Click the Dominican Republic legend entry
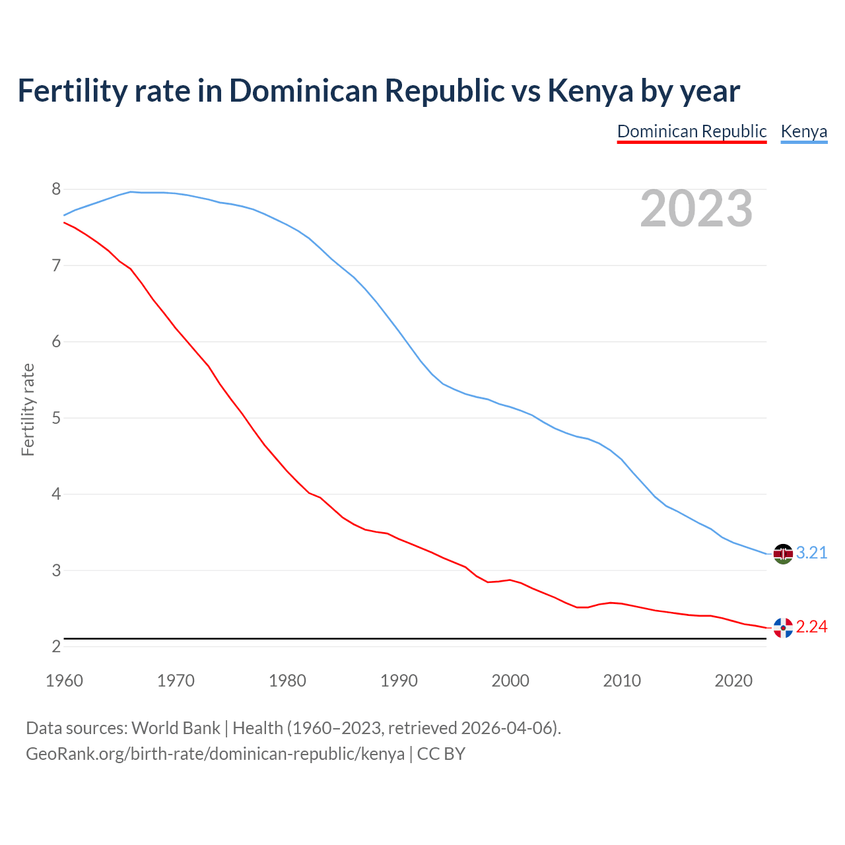point(691,131)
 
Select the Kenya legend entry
point(803,131)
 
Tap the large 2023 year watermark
point(696,209)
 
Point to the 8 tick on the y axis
point(56,189)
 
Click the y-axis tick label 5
point(56,418)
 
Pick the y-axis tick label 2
point(56,646)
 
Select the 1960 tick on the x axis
point(64,681)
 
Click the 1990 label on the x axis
point(399,681)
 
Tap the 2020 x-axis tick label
point(733,681)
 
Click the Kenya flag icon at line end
point(783,554)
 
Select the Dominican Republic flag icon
point(783,628)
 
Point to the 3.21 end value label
point(811,553)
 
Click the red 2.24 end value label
point(811,627)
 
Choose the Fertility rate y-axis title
point(28,409)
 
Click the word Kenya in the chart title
point(590,91)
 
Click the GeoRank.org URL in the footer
point(215,754)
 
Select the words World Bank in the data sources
point(176,728)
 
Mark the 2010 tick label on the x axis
point(622,681)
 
